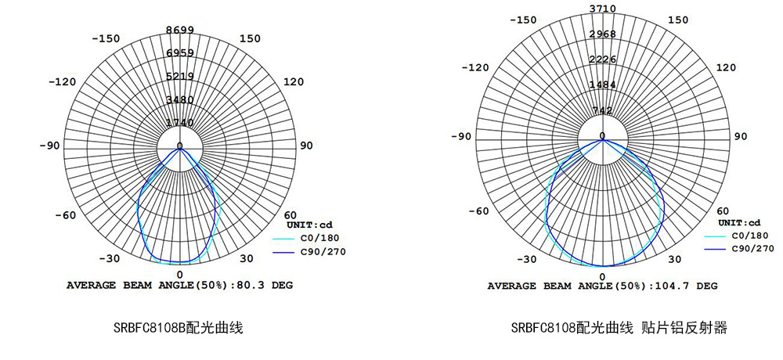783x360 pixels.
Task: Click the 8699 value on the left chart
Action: pos(180,30)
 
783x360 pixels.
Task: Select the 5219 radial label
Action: pos(180,76)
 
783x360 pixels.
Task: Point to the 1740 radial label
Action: pos(180,123)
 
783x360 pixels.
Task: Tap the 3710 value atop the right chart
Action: pos(602,9)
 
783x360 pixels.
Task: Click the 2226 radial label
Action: pos(602,59)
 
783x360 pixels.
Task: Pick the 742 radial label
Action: pos(602,110)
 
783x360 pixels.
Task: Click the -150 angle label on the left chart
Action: pos(106,38)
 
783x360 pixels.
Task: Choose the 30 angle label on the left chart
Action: pos(246,259)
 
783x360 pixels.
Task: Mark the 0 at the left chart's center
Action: pos(180,145)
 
